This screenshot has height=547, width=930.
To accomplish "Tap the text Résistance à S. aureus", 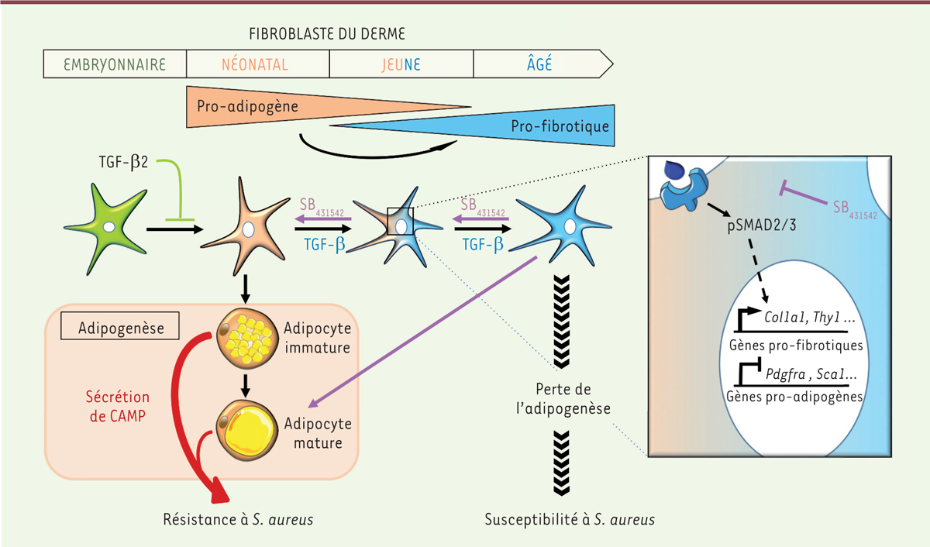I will tap(239, 519).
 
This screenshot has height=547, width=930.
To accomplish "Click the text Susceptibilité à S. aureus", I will tap(570, 519).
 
